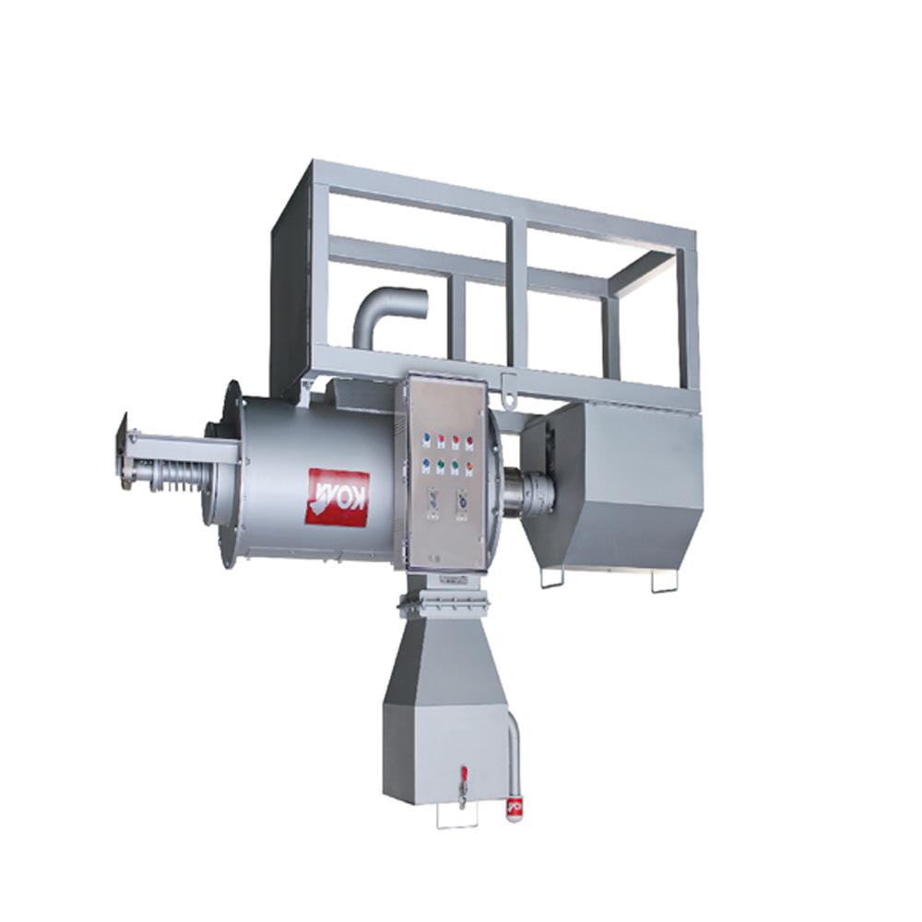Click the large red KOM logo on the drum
click(338, 497)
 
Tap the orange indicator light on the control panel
click(469, 466)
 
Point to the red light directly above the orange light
click(469, 441)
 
